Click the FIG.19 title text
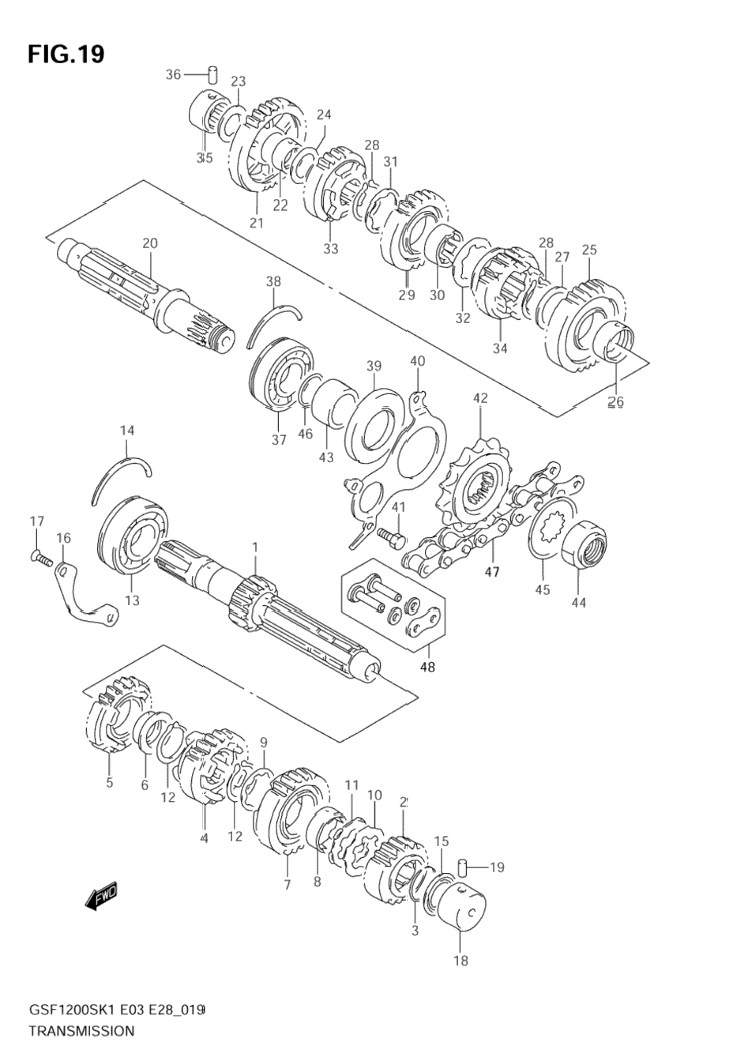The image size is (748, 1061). [x=66, y=54]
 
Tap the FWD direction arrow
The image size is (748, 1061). [x=101, y=896]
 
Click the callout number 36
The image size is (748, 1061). [x=173, y=74]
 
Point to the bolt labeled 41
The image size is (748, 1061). [x=392, y=536]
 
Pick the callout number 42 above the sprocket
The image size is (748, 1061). [x=480, y=398]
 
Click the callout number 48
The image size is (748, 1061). [x=427, y=667]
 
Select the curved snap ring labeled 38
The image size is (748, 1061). [x=273, y=325]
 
